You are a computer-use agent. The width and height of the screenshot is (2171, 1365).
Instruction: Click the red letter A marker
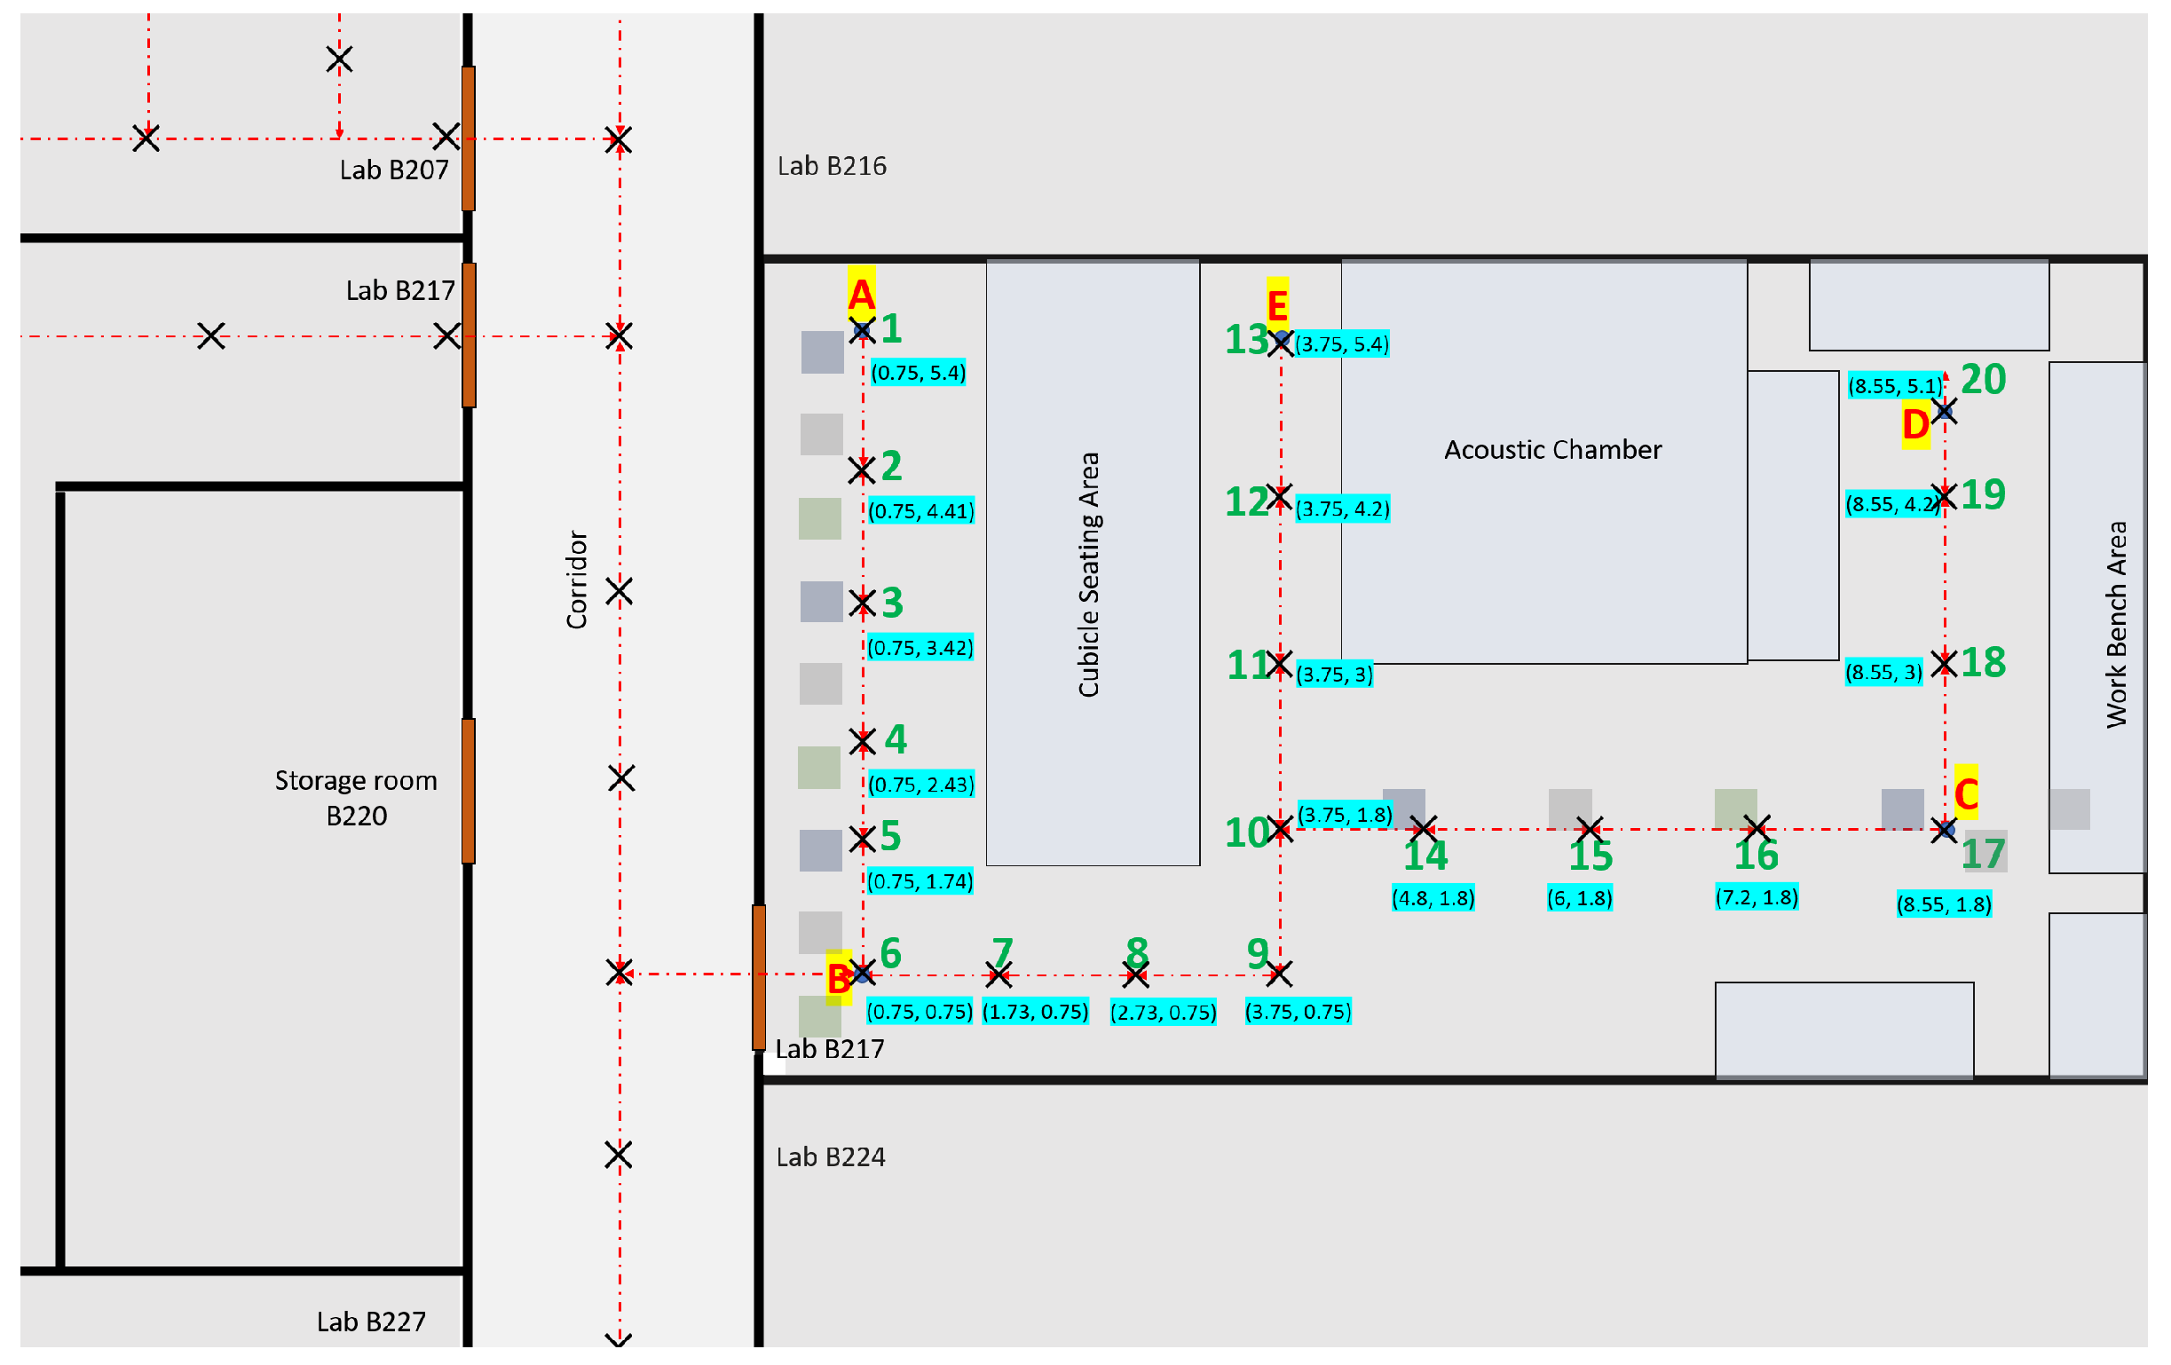click(860, 295)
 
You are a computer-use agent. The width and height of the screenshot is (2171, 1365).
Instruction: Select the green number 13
click(1246, 340)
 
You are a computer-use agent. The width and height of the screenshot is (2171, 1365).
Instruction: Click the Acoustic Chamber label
click(1551, 449)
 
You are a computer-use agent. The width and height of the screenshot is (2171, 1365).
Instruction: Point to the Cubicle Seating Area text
click(1088, 574)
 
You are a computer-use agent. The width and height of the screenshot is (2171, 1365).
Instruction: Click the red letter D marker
click(1915, 423)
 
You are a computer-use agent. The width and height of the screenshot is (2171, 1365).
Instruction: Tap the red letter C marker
click(1965, 793)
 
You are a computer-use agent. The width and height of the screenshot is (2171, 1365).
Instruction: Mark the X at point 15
click(1590, 828)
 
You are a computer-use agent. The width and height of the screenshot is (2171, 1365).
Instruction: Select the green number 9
click(1258, 953)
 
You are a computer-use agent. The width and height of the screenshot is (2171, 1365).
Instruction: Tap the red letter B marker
click(839, 978)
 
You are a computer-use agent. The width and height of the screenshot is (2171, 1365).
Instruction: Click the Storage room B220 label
click(356, 797)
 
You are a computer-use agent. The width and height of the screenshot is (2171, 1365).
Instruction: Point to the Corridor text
click(576, 579)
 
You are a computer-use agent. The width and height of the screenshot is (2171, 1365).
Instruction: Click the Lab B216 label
click(832, 166)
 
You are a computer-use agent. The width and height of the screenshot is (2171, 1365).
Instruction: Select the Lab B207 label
click(394, 170)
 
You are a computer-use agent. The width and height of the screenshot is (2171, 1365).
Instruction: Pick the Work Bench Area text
click(2116, 624)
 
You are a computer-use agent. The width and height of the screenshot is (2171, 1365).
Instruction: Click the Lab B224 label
click(831, 1156)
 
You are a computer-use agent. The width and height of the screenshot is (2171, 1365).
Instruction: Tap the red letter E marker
click(1276, 305)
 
